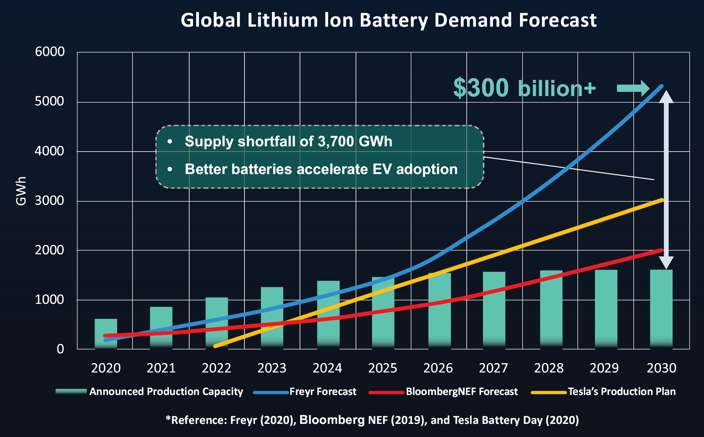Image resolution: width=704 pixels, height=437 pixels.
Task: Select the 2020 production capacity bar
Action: [x=106, y=333]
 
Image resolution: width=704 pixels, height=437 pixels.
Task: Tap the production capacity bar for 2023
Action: [x=272, y=317]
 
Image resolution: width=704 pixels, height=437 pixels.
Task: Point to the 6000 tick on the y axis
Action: [x=50, y=52]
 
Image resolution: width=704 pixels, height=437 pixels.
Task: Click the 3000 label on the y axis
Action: [x=50, y=201]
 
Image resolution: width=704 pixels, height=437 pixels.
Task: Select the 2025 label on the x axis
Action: [x=383, y=368]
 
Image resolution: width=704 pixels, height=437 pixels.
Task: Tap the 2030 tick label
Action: [x=661, y=368]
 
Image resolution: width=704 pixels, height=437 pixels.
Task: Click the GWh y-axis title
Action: [x=21, y=191]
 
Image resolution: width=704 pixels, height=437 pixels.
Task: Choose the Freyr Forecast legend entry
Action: [x=323, y=392]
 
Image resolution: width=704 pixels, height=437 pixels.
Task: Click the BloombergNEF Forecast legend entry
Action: [x=461, y=392]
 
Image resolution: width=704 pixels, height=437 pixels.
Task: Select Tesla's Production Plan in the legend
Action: [x=621, y=392]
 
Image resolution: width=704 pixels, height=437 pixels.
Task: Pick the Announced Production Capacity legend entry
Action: [x=166, y=392]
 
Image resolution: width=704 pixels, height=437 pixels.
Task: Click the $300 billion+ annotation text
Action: [x=524, y=88]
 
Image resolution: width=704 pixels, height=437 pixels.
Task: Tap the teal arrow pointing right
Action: [x=633, y=89]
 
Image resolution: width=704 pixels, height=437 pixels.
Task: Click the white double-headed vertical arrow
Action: [x=666, y=180]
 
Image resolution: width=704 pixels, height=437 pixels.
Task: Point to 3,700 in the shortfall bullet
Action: [x=336, y=142]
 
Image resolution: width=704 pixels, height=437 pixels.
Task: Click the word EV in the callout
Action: [x=382, y=170]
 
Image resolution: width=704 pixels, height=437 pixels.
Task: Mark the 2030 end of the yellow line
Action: [x=662, y=200]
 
